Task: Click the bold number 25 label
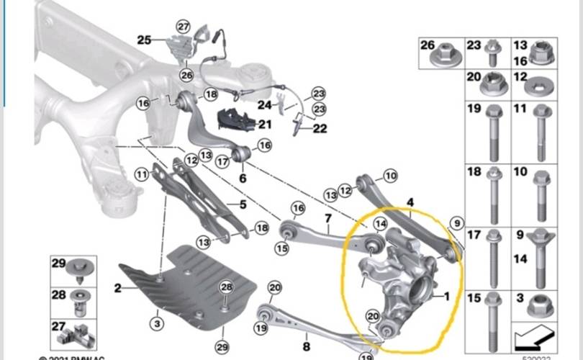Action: click(x=145, y=40)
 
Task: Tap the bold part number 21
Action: click(x=266, y=125)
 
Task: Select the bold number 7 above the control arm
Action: click(x=327, y=218)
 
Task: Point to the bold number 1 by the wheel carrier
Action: click(x=446, y=295)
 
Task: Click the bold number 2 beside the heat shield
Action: click(x=118, y=289)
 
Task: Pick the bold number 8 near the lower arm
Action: click(x=307, y=346)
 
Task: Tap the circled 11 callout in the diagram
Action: click(x=141, y=173)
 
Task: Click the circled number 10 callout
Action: click(x=390, y=175)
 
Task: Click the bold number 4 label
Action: click(x=410, y=203)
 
